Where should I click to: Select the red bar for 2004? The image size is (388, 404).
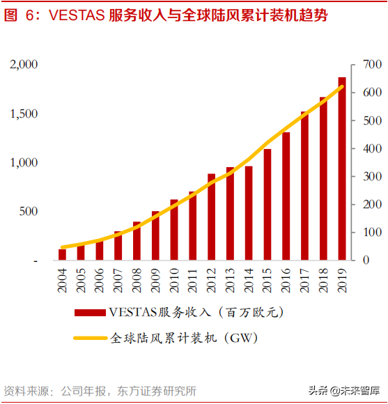[62, 254]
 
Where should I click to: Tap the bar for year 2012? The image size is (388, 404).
[211, 217]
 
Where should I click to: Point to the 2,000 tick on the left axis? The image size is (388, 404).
[24, 65]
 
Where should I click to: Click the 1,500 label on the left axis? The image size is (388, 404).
[24, 114]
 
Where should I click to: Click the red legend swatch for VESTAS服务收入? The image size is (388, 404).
[90, 312]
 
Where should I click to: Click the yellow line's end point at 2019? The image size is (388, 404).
[342, 86]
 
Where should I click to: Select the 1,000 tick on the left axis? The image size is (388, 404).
[24, 162]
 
